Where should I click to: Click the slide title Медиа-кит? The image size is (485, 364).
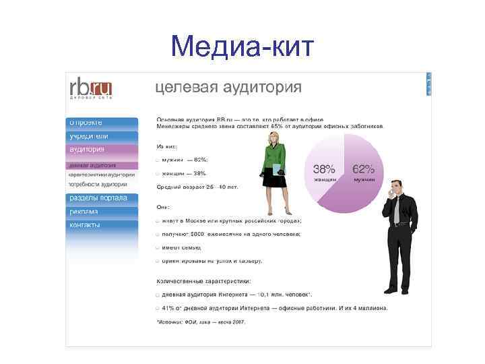pyautogui.click(x=243, y=46)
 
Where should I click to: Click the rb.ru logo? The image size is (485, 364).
pyautogui.click(x=90, y=89)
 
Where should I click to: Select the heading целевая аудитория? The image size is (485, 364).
pyautogui.click(x=228, y=88)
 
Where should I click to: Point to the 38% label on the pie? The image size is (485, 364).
pyautogui.click(x=325, y=169)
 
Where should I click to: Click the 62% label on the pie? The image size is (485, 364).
pyautogui.click(x=364, y=169)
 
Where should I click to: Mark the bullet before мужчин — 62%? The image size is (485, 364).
pyautogui.click(x=158, y=160)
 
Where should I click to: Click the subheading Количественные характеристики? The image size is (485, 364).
pyautogui.click(x=203, y=280)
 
